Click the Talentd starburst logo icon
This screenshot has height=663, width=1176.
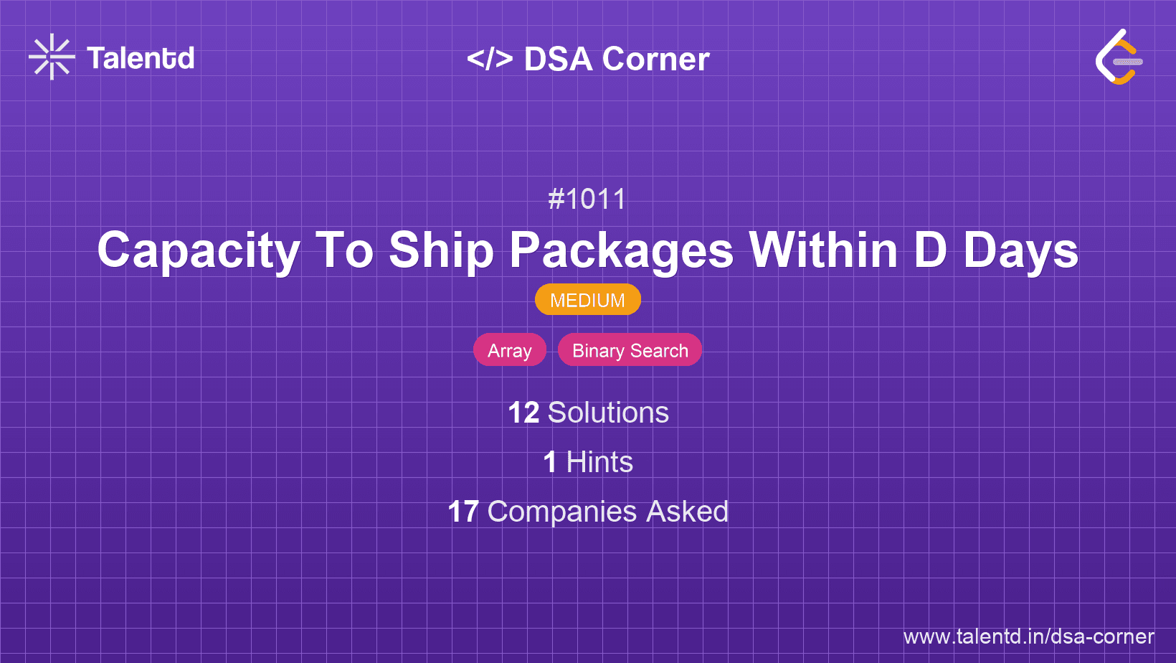(x=52, y=57)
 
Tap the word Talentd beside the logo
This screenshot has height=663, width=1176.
(x=141, y=58)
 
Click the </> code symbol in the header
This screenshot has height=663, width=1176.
(x=490, y=59)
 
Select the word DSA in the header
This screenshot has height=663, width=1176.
(x=558, y=59)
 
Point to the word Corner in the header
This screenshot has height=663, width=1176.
(x=655, y=59)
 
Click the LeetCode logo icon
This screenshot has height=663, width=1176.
(x=1119, y=57)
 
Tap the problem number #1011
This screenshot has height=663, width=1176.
(x=587, y=199)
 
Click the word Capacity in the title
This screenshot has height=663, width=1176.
(x=199, y=251)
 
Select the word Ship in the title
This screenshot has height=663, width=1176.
(x=441, y=251)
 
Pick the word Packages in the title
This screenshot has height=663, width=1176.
(x=621, y=251)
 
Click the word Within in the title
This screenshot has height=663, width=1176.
(x=823, y=251)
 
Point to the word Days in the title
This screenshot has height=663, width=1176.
(x=1020, y=251)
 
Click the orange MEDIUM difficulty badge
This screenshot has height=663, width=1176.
(x=587, y=300)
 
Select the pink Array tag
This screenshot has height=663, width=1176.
(x=510, y=350)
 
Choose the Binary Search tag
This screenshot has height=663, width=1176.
(x=630, y=350)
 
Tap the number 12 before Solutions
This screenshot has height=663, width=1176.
(x=523, y=413)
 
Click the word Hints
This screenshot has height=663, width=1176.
(x=599, y=462)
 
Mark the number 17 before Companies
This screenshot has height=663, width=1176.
(x=463, y=512)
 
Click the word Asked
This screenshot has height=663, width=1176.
(x=687, y=512)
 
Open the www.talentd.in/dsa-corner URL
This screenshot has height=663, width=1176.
(x=1028, y=636)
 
